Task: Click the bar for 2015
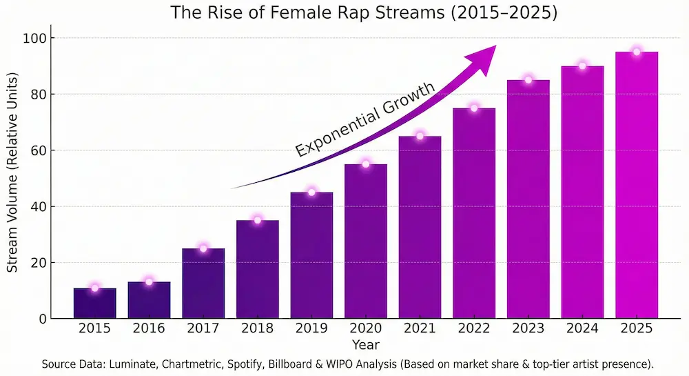[x=95, y=304]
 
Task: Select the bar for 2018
[x=258, y=270]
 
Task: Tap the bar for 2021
[x=420, y=228]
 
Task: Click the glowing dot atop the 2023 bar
[x=528, y=80]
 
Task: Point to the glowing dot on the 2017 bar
[x=203, y=248]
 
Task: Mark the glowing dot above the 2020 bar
[x=366, y=164]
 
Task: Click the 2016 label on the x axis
[x=149, y=329]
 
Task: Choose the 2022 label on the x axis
[x=474, y=329]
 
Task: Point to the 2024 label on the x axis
[x=582, y=329]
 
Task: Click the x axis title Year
[x=365, y=344]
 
